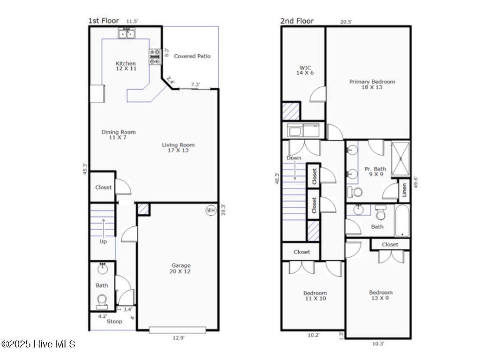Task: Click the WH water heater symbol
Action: click(x=211, y=210)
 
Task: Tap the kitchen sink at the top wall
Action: click(x=127, y=33)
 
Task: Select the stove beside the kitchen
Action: click(x=155, y=57)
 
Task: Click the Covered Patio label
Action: click(x=192, y=56)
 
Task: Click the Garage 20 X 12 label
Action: click(x=181, y=269)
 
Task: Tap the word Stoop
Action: click(x=114, y=321)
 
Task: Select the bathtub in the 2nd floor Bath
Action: click(x=402, y=221)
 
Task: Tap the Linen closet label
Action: click(x=404, y=190)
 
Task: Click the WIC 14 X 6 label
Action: click(x=305, y=70)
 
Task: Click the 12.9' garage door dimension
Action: click(x=179, y=338)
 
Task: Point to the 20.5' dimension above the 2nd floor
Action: click(x=346, y=22)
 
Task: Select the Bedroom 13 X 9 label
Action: click(x=380, y=295)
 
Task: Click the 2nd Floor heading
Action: click(x=297, y=21)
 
